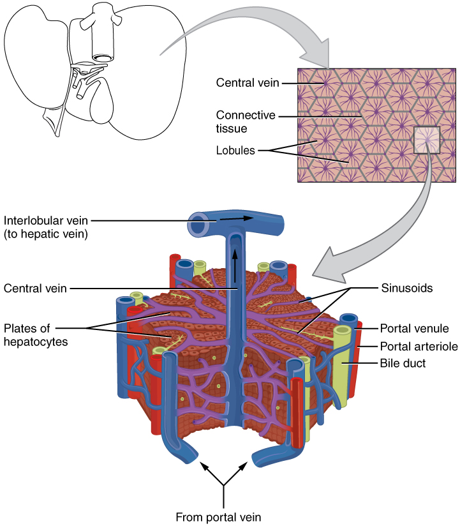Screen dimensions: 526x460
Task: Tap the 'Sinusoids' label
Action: click(x=407, y=288)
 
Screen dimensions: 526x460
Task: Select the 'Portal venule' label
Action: click(x=414, y=329)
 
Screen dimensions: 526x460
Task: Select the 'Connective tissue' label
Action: click(x=246, y=121)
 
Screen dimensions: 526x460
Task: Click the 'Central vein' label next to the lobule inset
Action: click(x=247, y=82)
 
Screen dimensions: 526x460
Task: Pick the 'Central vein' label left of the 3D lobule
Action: click(x=34, y=288)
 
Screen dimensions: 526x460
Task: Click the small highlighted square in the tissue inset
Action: click(x=426, y=140)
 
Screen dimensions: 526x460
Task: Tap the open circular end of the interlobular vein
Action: click(x=198, y=226)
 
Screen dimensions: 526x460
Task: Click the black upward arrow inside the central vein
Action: click(x=235, y=261)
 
